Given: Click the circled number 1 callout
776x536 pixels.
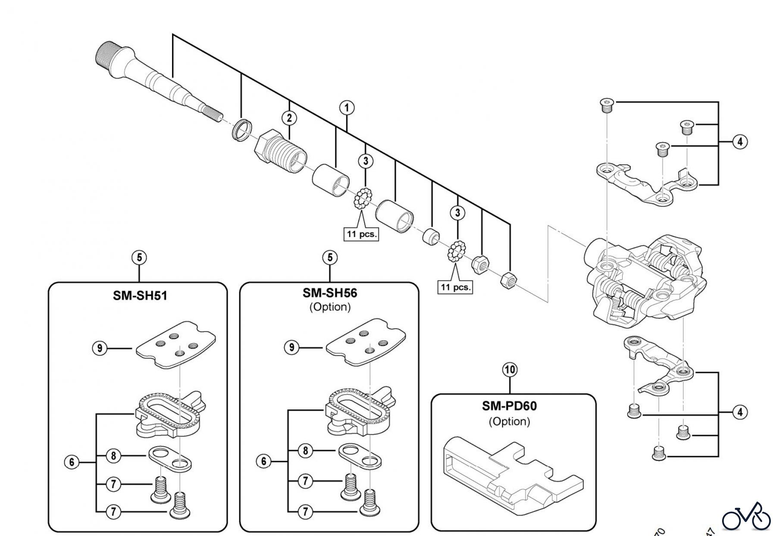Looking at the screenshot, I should (x=347, y=108).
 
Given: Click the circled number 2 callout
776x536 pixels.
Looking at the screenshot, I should (x=289, y=118).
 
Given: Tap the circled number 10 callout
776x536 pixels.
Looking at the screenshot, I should (x=510, y=370).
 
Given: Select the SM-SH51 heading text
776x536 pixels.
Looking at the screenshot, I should (x=140, y=296).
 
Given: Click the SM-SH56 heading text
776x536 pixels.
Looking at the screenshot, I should (x=330, y=293).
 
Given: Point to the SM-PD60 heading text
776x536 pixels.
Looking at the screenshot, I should (x=509, y=406).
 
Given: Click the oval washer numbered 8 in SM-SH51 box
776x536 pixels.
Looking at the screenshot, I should (x=170, y=458).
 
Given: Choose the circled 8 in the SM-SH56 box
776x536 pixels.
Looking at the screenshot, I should (x=306, y=451).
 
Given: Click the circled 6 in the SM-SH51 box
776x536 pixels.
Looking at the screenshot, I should (x=72, y=462).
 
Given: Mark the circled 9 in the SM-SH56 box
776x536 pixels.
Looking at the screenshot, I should (x=291, y=347).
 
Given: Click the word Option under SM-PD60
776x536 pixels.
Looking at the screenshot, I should (x=509, y=421).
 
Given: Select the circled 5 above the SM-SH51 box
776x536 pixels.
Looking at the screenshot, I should (x=139, y=258).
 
